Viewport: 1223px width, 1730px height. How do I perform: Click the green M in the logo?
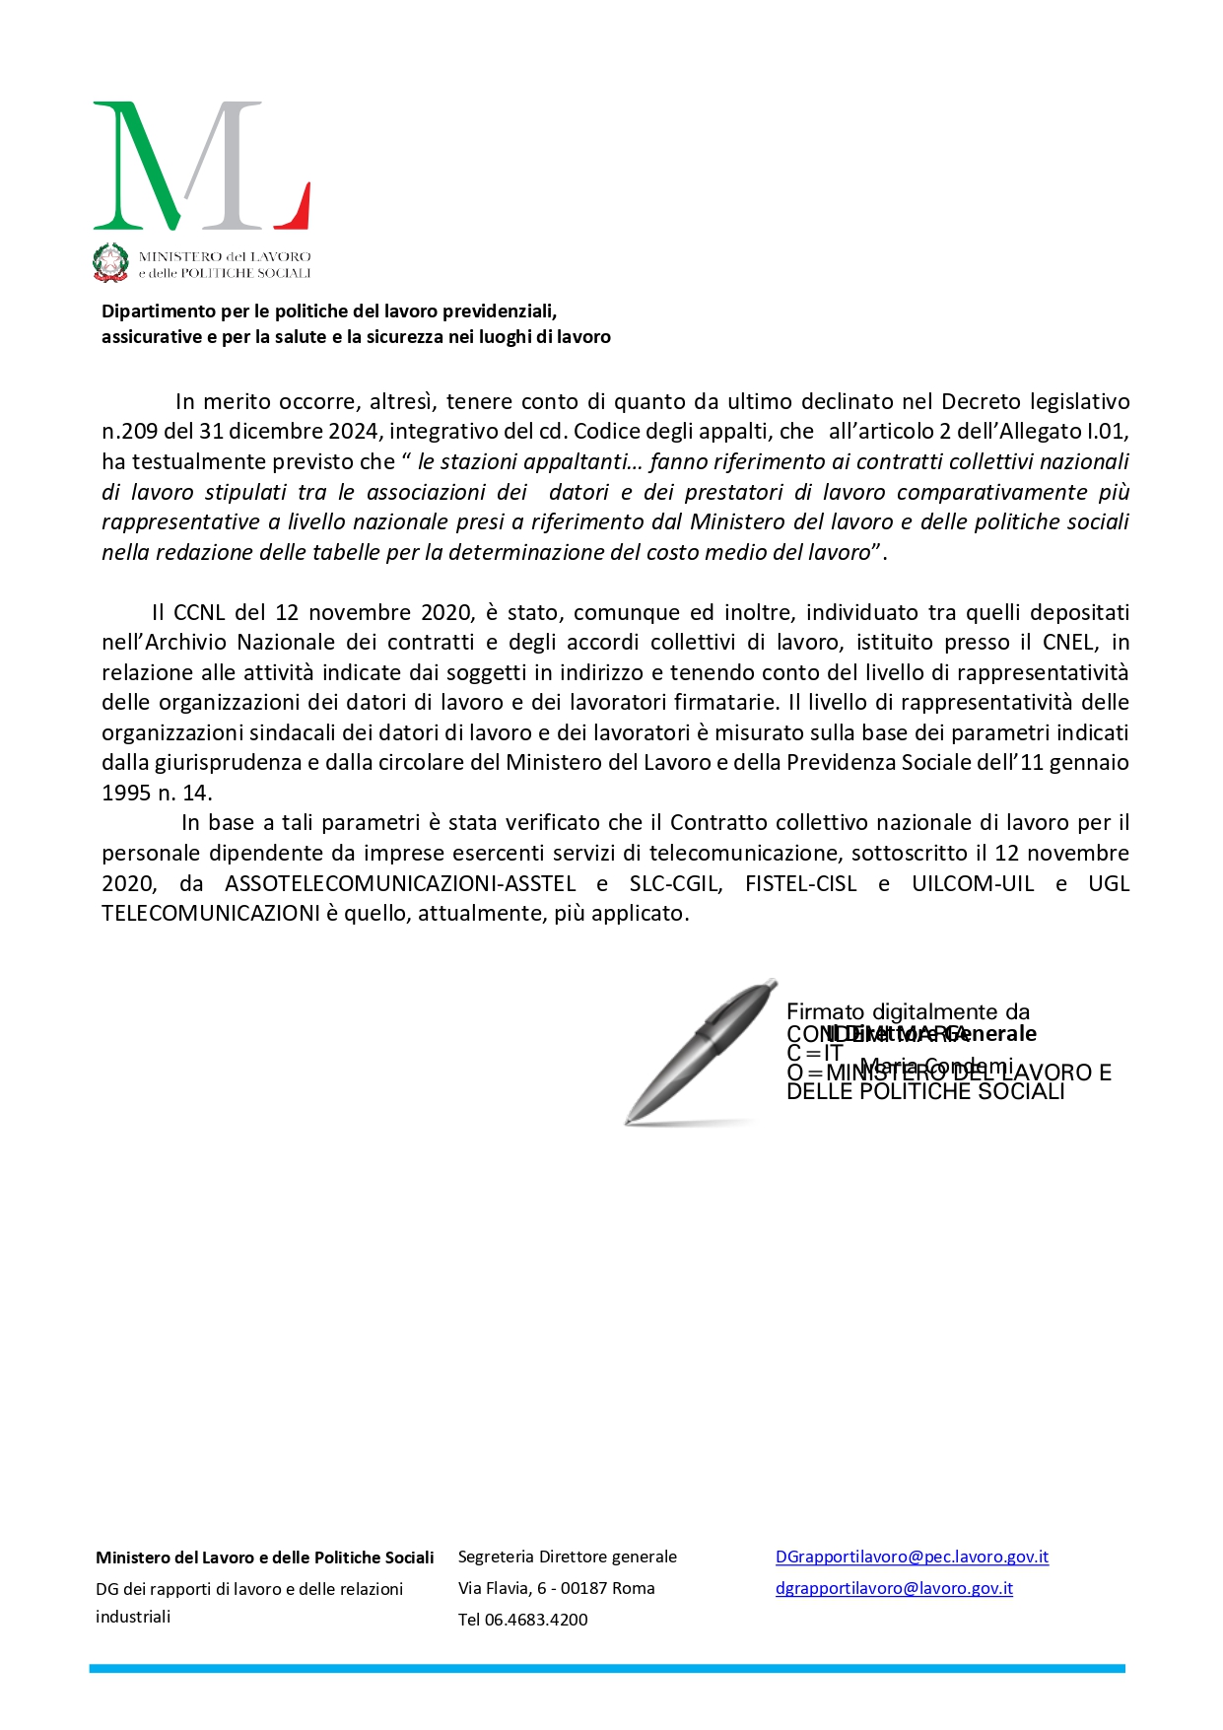pyautogui.click(x=148, y=166)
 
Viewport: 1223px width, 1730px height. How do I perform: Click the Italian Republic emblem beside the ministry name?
pyautogui.click(x=110, y=262)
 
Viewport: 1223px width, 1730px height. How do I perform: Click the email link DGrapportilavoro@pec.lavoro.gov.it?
pyautogui.click(x=912, y=1557)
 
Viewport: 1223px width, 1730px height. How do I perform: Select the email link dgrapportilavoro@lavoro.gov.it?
pyautogui.click(x=894, y=1589)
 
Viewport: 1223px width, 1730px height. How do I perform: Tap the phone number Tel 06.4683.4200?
pyautogui.click(x=522, y=1620)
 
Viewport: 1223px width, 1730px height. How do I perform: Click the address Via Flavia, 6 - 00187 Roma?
pyautogui.click(x=556, y=1589)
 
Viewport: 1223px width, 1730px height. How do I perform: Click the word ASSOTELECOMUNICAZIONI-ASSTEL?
pyautogui.click(x=400, y=884)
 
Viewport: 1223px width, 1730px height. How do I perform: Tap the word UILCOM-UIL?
pyautogui.click(x=973, y=884)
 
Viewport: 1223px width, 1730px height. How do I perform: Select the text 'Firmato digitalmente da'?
pyautogui.click(x=908, y=1012)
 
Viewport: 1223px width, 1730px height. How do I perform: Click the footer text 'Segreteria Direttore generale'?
pyautogui.click(x=567, y=1557)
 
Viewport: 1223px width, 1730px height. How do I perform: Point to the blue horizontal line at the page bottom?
pyautogui.click(x=607, y=1669)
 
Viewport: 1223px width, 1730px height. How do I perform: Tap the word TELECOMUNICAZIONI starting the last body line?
pyautogui.click(x=210, y=914)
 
